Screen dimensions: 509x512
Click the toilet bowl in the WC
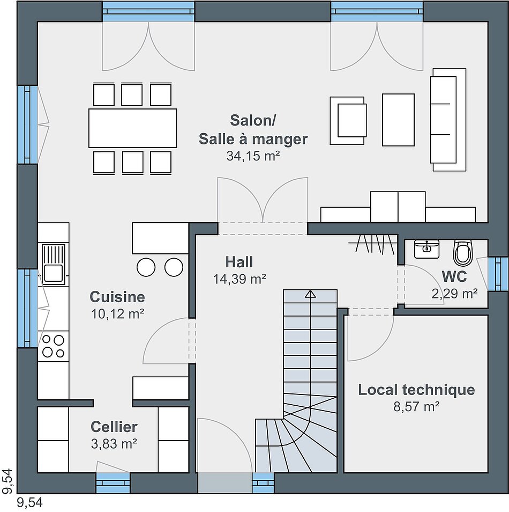(x=463, y=253)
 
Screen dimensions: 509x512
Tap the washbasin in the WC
(x=426, y=249)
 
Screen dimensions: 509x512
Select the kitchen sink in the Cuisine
(x=54, y=264)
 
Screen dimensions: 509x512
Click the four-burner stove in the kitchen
(x=54, y=346)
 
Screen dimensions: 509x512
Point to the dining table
(x=133, y=128)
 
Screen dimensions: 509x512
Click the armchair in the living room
(x=348, y=121)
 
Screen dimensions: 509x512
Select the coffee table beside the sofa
(x=398, y=120)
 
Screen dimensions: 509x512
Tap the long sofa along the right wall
(x=448, y=120)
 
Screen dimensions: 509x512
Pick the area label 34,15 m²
(x=253, y=156)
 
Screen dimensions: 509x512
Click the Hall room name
(x=239, y=262)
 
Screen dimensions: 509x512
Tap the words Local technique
(x=416, y=390)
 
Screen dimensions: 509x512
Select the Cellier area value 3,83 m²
(x=114, y=444)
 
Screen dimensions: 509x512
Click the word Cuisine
(x=117, y=297)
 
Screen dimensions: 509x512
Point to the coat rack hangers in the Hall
(x=373, y=243)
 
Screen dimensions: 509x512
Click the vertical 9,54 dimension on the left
(x=7, y=481)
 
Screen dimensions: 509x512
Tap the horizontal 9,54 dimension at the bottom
(x=29, y=503)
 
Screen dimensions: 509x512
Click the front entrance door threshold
(x=225, y=482)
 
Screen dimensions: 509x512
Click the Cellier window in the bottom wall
(x=113, y=482)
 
